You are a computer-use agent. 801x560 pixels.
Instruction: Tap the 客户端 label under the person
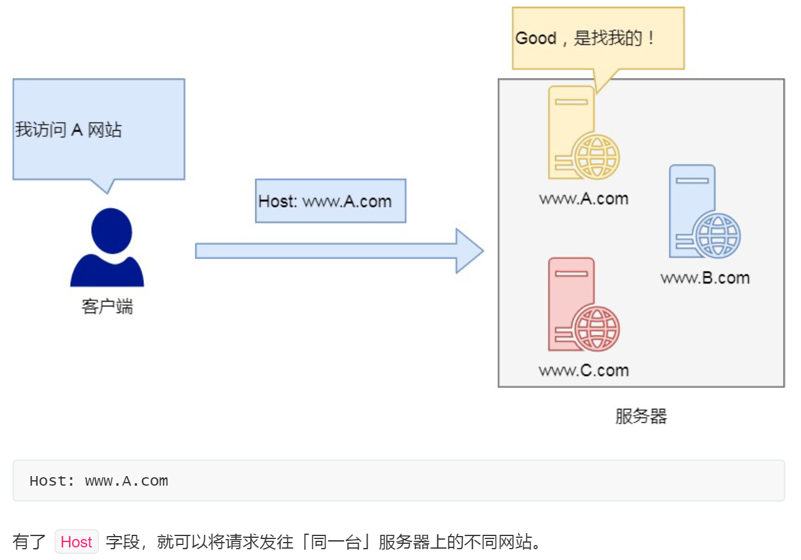[107, 306]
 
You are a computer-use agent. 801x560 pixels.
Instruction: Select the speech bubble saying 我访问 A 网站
[98, 129]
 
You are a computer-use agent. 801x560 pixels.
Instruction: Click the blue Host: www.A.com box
[330, 201]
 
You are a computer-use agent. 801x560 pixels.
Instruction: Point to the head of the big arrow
[469, 251]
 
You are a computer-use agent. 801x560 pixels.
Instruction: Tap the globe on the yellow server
[597, 157]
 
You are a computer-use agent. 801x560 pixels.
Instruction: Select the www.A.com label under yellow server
[583, 198]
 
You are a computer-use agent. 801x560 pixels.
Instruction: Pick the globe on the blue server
[718, 236]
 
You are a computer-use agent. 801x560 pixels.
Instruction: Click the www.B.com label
[705, 278]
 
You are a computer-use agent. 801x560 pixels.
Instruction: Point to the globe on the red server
[597, 329]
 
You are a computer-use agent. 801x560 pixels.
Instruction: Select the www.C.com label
[583, 371]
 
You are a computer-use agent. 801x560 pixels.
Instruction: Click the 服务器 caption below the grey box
[641, 416]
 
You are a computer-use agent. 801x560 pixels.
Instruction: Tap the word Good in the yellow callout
[536, 38]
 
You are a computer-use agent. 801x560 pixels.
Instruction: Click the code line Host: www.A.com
[99, 481]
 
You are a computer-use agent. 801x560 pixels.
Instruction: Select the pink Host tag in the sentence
[76, 542]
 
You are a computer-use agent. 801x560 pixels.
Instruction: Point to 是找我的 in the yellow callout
[607, 38]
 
